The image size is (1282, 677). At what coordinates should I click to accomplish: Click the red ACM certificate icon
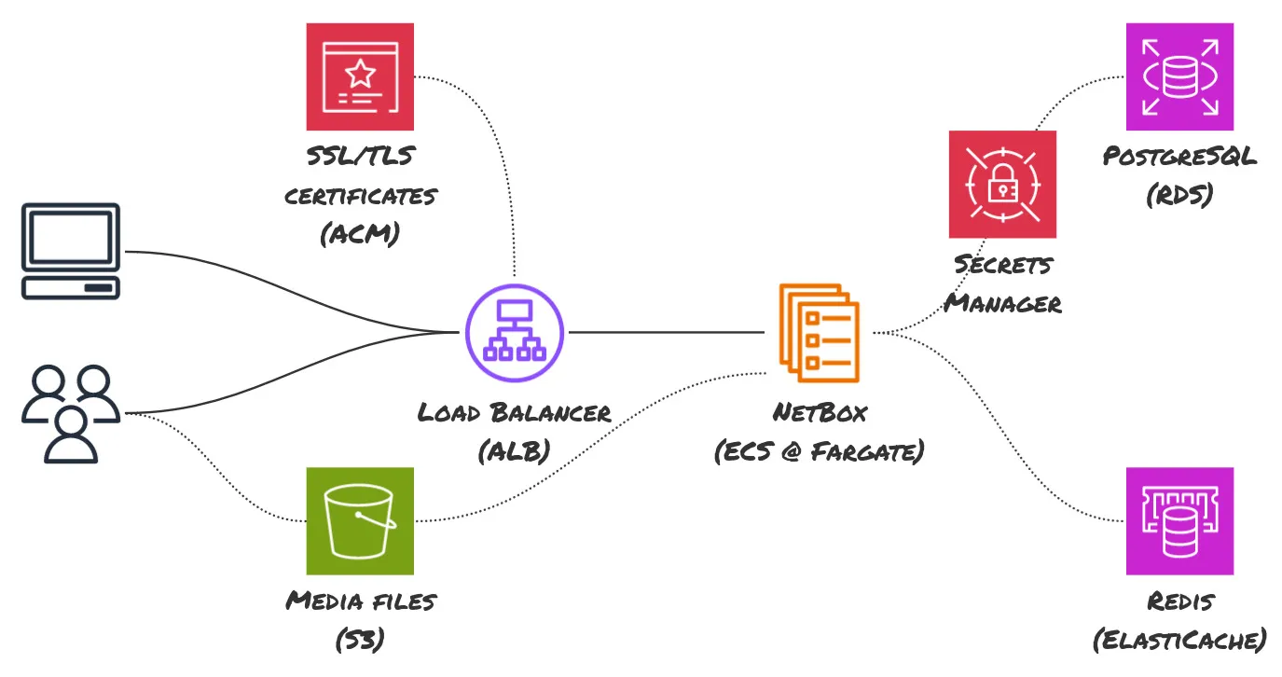pos(360,76)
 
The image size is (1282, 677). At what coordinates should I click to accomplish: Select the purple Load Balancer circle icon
pos(515,333)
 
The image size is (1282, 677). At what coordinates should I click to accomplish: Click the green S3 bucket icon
pos(360,520)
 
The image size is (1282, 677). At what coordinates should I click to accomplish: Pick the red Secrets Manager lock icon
pos(1002,185)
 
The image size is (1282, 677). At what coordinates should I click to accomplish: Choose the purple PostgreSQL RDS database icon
pos(1179,76)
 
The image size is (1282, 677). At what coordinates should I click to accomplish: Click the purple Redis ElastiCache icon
pos(1179,520)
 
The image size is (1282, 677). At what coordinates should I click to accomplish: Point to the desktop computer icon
pos(70,251)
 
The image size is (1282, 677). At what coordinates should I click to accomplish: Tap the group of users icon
pos(71,413)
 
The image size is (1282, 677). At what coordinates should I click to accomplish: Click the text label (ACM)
pos(360,234)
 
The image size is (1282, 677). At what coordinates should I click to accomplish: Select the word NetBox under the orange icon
pos(820,412)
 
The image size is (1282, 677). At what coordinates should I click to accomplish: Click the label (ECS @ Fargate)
pos(820,452)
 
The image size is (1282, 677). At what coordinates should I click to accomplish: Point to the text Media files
pos(360,601)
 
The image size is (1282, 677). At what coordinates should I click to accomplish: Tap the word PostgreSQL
pos(1179,156)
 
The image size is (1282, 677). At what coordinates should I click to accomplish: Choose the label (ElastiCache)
pos(1179,641)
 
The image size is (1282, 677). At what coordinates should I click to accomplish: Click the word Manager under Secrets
pos(1002,303)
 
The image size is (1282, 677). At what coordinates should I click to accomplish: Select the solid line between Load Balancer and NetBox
pos(667,332)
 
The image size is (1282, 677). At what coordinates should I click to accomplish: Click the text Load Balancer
pos(515,412)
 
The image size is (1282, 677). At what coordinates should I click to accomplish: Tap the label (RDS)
pos(1179,196)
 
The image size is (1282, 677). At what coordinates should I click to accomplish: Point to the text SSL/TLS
pos(360,156)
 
